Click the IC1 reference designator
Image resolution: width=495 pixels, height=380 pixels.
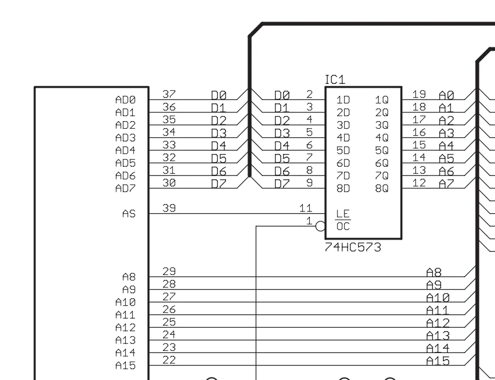click(x=335, y=80)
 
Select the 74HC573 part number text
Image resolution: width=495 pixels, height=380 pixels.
click(x=353, y=247)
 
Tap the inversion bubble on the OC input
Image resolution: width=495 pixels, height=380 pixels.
click(x=320, y=226)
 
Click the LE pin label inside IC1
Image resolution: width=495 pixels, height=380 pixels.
click(x=343, y=214)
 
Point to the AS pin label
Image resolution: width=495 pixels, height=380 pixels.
click(x=129, y=214)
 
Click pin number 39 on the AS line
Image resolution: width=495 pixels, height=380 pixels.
click(x=169, y=208)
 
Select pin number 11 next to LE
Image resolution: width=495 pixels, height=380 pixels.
click(x=306, y=208)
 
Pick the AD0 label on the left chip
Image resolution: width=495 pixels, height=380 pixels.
click(x=125, y=100)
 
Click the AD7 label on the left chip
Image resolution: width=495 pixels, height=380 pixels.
click(x=125, y=188)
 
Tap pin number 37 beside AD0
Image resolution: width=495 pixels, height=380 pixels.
click(x=169, y=94)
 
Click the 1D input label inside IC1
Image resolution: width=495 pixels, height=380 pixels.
click(x=343, y=100)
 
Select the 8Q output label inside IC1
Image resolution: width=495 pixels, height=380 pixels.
click(x=381, y=188)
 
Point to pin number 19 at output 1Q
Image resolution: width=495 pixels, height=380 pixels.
click(x=419, y=94)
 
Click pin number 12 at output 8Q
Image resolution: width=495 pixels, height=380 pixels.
click(x=419, y=183)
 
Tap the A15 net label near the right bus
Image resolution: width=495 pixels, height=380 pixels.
click(x=438, y=361)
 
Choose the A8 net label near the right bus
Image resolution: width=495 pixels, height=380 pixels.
click(x=434, y=272)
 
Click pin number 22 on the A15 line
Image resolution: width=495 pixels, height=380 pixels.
click(x=169, y=360)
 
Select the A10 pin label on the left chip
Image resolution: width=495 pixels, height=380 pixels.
click(x=125, y=302)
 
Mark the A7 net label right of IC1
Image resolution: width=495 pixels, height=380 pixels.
click(x=447, y=184)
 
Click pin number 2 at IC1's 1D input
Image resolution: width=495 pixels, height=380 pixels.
click(x=309, y=94)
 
